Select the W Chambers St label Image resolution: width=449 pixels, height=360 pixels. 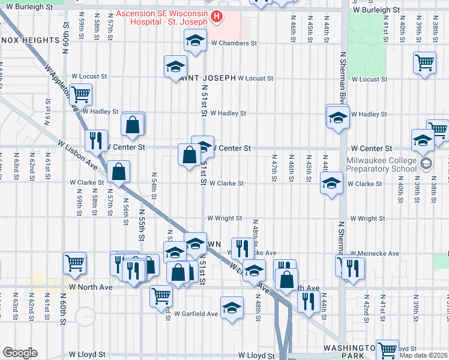234,43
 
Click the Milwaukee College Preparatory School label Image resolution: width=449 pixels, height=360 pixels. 381,164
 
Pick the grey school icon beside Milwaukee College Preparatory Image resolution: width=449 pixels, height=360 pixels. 426,163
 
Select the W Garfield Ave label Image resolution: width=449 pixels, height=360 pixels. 196,314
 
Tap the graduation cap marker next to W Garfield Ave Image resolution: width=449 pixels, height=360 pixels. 232,307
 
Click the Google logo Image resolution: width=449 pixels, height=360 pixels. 19,353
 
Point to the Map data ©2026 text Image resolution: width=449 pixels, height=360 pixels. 423,356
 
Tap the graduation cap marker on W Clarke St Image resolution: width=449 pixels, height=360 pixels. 331,184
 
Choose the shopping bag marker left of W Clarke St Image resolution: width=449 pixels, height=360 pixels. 119,171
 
